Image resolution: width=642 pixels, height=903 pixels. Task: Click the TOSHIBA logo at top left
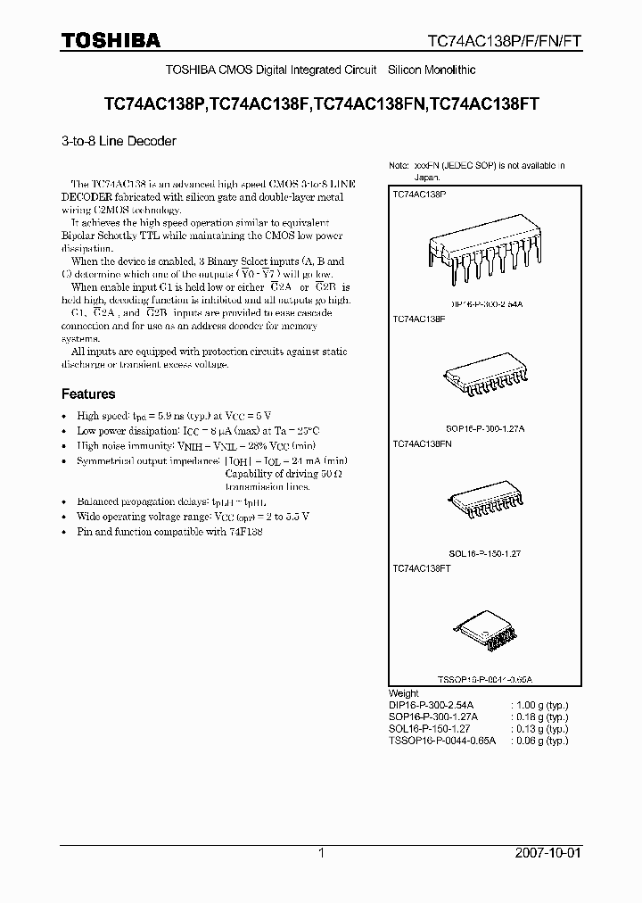(x=111, y=40)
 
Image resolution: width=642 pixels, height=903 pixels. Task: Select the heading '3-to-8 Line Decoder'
(x=119, y=141)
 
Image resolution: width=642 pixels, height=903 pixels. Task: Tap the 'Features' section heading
(x=88, y=394)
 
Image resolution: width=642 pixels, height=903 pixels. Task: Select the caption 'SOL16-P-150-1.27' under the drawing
(x=481, y=553)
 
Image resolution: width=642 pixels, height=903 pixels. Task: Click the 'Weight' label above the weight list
(x=404, y=693)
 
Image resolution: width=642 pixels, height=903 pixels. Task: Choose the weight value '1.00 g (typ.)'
(x=539, y=705)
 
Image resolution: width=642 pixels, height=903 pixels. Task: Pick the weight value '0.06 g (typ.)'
(x=539, y=741)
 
